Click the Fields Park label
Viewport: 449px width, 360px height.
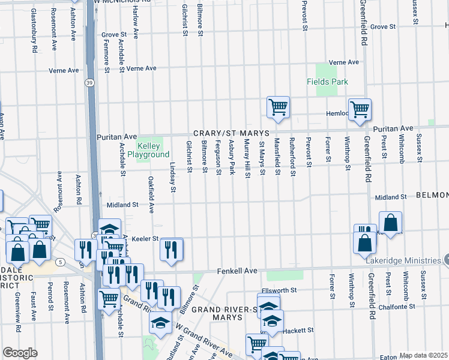[x=327, y=82]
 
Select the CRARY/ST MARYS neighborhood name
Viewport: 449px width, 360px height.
[x=231, y=133]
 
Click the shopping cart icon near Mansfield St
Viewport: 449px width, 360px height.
[x=278, y=107]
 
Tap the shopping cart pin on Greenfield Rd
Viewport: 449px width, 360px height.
[x=360, y=110]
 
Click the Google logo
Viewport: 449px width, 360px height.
[x=20, y=353]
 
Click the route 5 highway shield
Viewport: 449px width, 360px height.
[x=60, y=262]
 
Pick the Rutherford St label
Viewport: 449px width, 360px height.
[x=292, y=158]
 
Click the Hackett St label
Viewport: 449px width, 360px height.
[x=302, y=330]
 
